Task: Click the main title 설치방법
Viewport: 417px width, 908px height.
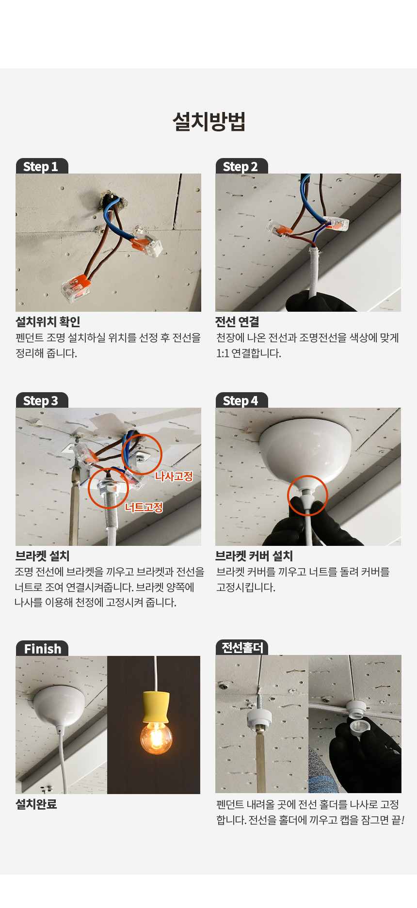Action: coord(209,121)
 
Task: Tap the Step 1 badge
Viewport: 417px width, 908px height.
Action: coord(42,166)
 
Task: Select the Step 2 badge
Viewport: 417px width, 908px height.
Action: coord(241,166)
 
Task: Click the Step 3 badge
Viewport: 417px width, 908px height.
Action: coord(42,400)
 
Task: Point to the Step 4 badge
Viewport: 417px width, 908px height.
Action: coord(241,400)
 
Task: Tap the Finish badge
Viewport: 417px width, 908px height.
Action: coord(42,649)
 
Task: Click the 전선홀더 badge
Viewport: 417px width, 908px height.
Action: coord(242,648)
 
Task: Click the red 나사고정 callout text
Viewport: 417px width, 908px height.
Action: coord(174,476)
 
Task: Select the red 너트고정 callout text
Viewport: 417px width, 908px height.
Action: coord(144,507)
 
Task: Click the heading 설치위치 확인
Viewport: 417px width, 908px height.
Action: coord(48,322)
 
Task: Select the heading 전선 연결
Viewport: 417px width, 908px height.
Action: coord(237,322)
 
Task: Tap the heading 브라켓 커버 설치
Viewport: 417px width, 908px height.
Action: coord(254,556)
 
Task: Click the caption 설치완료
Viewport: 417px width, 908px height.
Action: coord(36,804)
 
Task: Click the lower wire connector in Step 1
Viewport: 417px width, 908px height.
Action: coord(76,287)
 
